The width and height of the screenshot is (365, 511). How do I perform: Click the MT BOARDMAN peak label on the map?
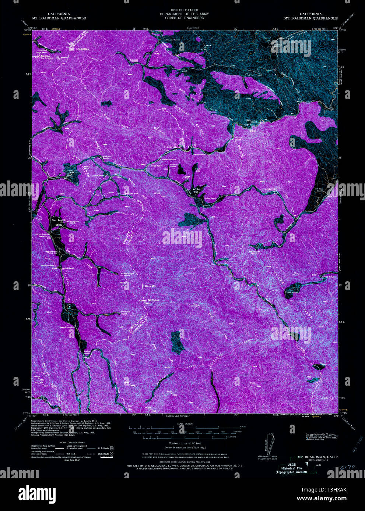tap(79, 49)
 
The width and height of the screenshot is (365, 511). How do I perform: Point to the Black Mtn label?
tap(151, 286)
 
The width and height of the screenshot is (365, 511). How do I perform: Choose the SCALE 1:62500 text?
tap(182, 424)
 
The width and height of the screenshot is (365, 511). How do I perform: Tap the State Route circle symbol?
tap(111, 454)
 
